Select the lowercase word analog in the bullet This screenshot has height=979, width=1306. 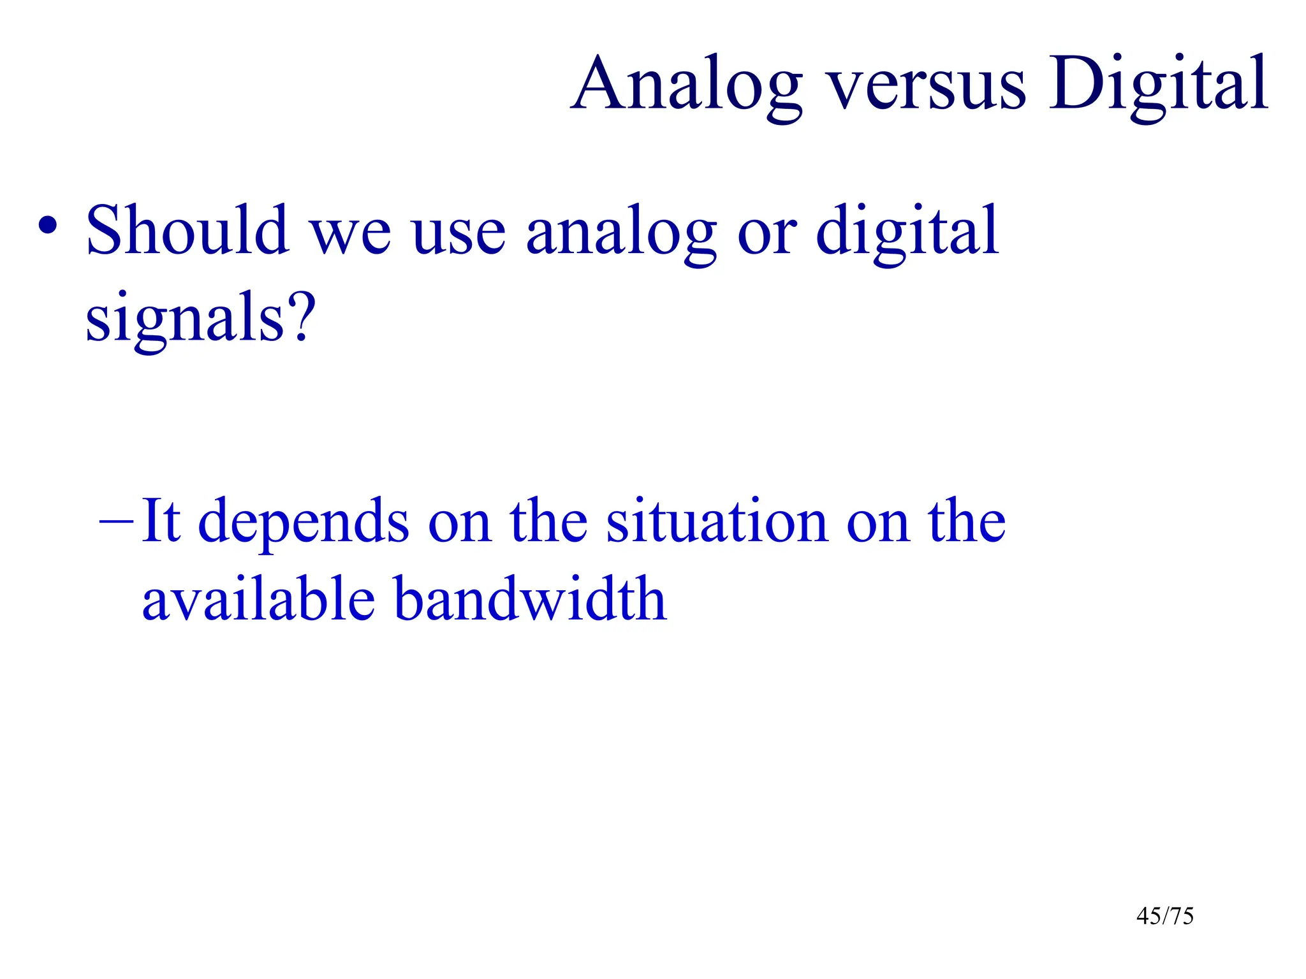click(621, 233)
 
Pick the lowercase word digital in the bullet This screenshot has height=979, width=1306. click(907, 231)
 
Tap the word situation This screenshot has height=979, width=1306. click(717, 521)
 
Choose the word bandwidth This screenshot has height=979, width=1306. click(529, 599)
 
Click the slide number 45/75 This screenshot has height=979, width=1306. click(1164, 916)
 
